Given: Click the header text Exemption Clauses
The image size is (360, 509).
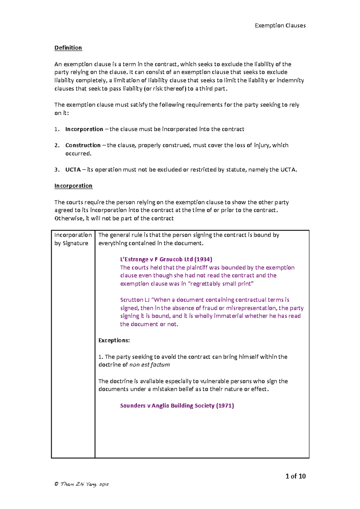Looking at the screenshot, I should [280, 25].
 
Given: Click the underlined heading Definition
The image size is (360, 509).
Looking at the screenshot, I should [68, 48].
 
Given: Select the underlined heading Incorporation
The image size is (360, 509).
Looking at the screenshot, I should [73, 186].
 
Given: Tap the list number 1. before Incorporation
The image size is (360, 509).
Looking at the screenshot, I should [57, 129].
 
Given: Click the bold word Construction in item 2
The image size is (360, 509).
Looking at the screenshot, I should [83, 145].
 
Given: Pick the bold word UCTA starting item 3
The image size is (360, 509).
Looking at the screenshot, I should [73, 170].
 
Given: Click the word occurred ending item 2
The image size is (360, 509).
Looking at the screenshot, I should [78, 153].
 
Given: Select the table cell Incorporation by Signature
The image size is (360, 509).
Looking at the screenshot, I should [73, 239].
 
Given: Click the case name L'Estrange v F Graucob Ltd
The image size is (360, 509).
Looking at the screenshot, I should [156, 259].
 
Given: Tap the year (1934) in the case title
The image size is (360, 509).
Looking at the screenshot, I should [203, 259].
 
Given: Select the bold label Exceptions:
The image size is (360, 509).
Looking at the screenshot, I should [114, 341].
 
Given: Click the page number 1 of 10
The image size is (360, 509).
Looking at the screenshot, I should [295, 476].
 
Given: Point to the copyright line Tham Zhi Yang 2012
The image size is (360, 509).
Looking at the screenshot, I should [82, 484].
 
